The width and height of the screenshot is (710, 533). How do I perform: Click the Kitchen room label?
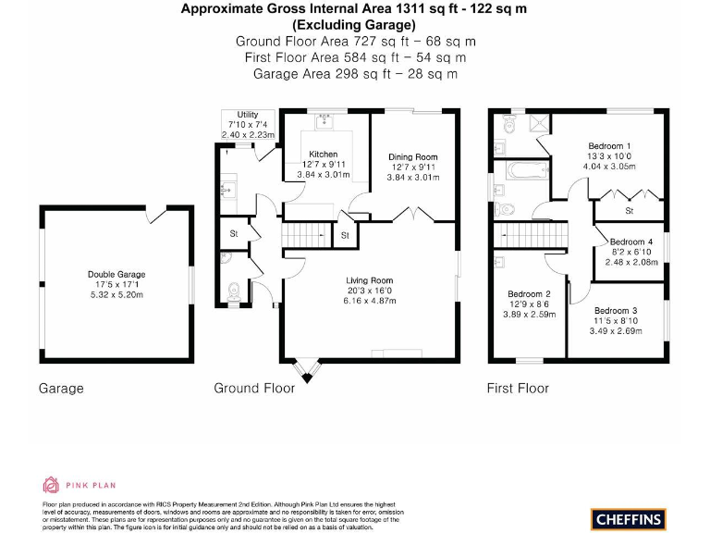[323, 154]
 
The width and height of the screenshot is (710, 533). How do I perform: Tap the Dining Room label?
[412, 156]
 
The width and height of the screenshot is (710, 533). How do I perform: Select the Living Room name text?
[370, 280]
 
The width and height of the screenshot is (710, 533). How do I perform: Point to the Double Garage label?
[116, 274]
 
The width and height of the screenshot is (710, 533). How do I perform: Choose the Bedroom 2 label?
[530, 294]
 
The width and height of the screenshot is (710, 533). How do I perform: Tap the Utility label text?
[247, 114]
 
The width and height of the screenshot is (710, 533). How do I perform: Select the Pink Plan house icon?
[52, 485]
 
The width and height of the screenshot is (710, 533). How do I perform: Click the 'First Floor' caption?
[518, 389]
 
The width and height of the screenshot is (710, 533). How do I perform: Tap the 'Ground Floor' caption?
[254, 389]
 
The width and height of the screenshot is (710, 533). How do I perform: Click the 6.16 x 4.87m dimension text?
[370, 301]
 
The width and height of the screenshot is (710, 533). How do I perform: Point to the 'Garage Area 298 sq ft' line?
[355, 73]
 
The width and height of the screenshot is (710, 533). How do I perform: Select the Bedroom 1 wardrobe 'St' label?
[630, 211]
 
